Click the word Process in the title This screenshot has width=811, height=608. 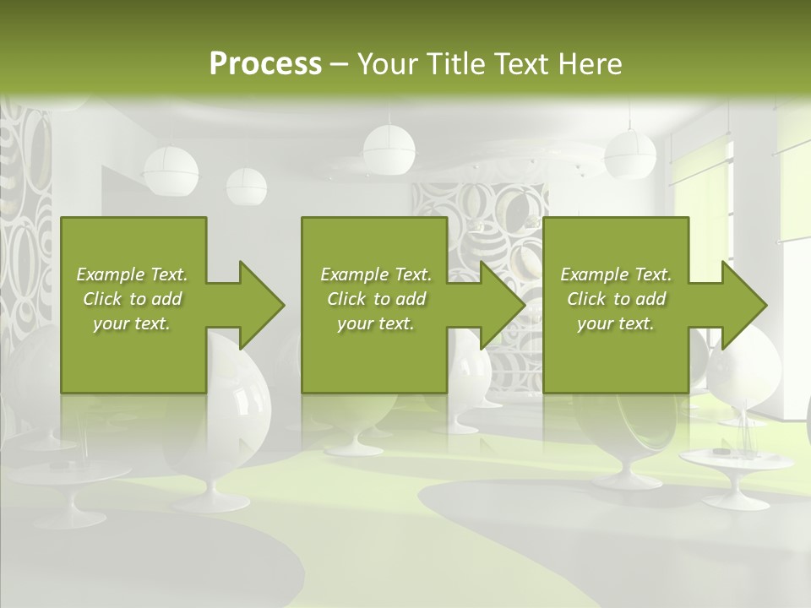coord(265,64)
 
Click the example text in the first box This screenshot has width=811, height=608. coord(132,299)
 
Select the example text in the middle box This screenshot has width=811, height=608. coord(376,299)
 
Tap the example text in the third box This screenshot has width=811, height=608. coord(616,299)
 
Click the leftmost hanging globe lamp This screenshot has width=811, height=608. coord(171,170)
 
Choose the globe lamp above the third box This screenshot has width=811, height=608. coord(630,154)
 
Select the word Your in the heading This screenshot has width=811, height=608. coord(385,64)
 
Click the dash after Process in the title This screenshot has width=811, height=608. coord(340,64)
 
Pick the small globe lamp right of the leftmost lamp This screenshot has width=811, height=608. coord(246,186)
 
